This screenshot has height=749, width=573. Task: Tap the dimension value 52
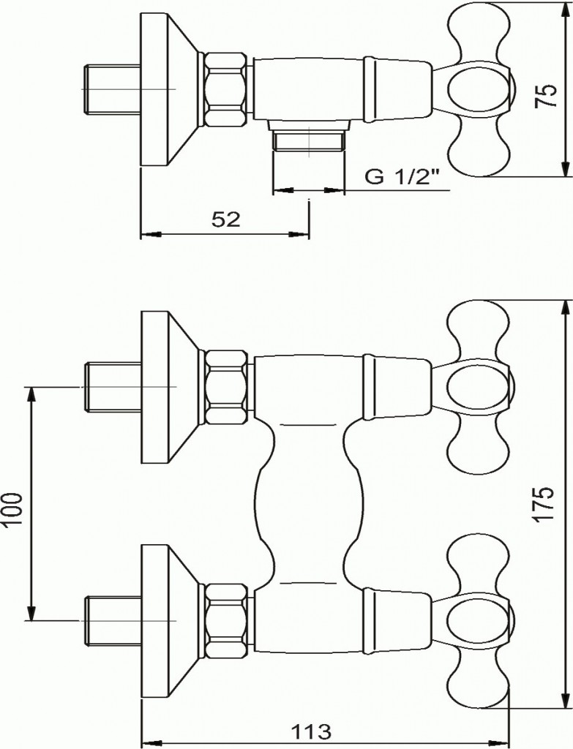tap(225, 219)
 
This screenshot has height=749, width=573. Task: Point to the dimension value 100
tap(13, 510)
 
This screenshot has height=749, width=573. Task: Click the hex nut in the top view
tap(226, 90)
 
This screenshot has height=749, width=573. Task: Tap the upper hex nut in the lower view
tap(226, 386)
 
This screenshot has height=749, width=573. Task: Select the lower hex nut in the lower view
tap(226, 620)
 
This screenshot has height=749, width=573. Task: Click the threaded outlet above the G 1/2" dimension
tap(309, 141)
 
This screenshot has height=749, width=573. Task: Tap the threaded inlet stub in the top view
tap(112, 89)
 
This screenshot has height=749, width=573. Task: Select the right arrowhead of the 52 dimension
tap(300, 235)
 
